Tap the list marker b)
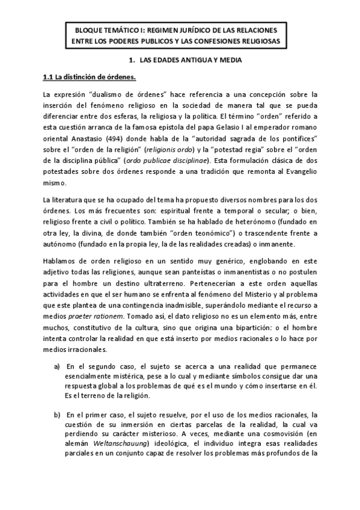pyautogui.click(x=57, y=415)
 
